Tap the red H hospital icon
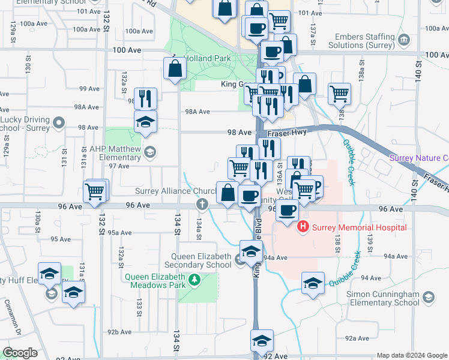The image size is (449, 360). pyautogui.click(x=303, y=227)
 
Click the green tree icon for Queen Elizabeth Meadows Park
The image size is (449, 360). pyautogui.click(x=194, y=280)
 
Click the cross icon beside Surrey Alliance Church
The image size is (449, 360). pyautogui.click(x=202, y=205)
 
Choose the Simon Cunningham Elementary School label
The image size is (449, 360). pyautogui.click(x=383, y=298)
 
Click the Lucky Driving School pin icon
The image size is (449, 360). pyautogui.click(x=58, y=123)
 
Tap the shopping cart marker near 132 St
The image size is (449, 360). pyautogui.click(x=95, y=193)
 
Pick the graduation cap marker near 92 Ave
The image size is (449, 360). pyautogui.click(x=261, y=341)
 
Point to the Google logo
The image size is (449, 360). pyautogui.click(x=20, y=353)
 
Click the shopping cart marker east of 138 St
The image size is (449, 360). pyautogui.click(x=340, y=93)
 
